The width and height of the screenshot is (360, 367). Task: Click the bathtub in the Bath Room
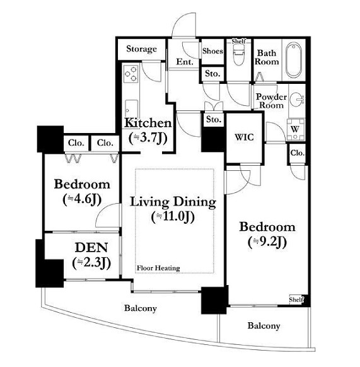(294, 60)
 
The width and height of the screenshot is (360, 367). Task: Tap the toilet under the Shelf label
(239, 54)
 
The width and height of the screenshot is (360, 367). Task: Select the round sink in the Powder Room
(296, 99)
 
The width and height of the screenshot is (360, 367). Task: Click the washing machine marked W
(296, 129)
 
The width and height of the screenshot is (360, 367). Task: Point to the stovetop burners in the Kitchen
(131, 73)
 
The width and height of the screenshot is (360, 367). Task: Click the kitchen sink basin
(131, 108)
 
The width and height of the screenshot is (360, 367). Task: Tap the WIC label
(244, 137)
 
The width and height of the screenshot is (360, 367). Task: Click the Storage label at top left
(141, 49)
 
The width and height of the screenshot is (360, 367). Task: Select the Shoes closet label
(212, 51)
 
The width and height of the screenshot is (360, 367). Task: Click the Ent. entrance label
(185, 62)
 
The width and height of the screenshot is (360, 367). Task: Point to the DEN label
(91, 248)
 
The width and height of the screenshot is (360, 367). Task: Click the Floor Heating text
(158, 268)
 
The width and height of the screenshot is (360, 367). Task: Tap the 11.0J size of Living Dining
(173, 217)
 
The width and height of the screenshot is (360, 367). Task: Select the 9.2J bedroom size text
(267, 242)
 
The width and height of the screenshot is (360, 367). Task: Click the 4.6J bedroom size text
(82, 199)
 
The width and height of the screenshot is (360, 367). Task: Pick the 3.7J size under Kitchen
(148, 138)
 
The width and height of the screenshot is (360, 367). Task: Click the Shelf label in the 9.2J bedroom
(296, 300)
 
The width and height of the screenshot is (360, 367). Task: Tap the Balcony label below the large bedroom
(264, 325)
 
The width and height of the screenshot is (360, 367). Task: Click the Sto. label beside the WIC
(214, 119)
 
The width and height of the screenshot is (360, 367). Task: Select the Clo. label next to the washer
(298, 153)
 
